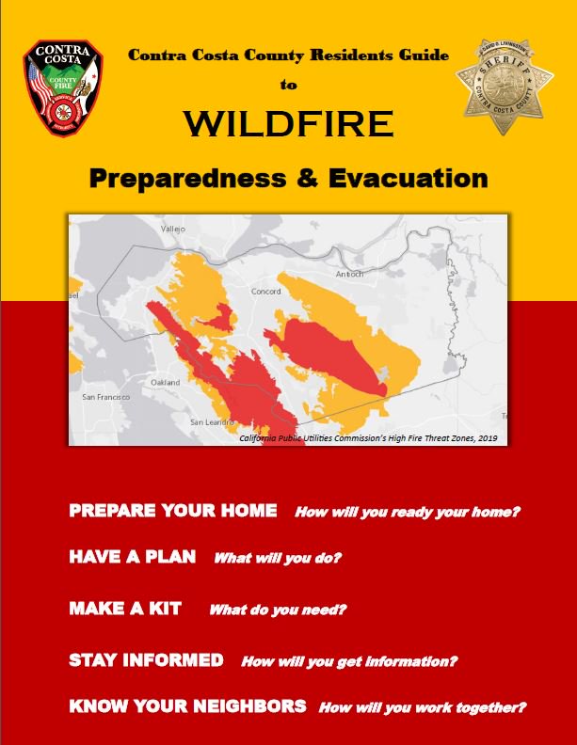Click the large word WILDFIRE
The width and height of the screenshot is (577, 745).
click(x=287, y=124)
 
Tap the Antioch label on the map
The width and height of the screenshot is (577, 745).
click(x=349, y=274)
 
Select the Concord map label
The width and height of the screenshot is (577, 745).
click(x=265, y=292)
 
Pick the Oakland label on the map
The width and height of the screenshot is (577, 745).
click(x=166, y=383)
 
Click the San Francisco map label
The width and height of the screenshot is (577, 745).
click(x=105, y=398)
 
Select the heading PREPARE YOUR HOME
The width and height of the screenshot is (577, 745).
click(x=173, y=511)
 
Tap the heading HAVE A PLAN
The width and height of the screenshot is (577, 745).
click(x=133, y=557)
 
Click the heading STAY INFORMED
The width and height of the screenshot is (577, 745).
click(x=146, y=659)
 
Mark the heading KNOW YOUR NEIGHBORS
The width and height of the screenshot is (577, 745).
click(x=187, y=705)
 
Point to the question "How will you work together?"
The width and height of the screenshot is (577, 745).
click(x=422, y=707)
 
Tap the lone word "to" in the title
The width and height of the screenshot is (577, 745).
click(x=287, y=85)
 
